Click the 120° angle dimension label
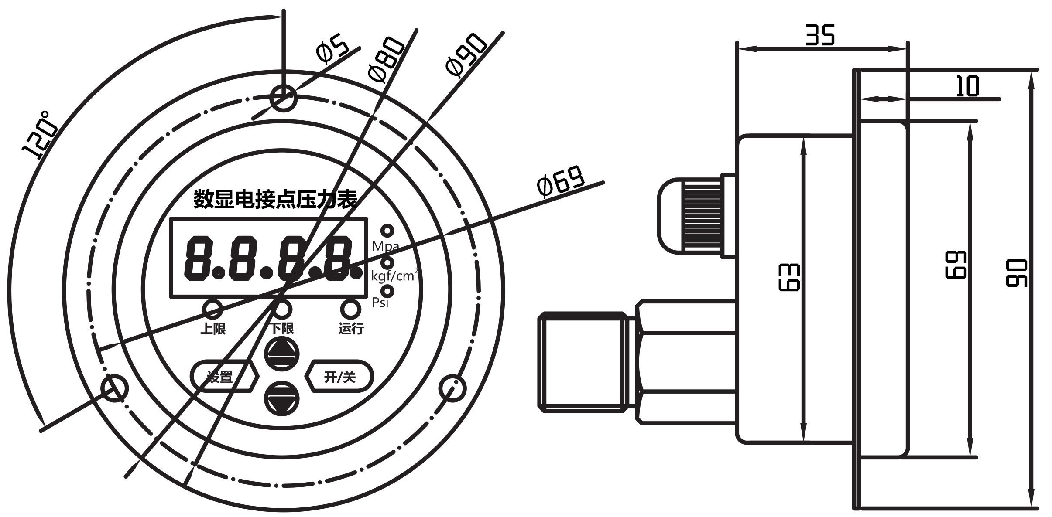click(x=41, y=135)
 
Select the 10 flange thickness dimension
click(x=967, y=86)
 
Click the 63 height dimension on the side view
click(x=789, y=277)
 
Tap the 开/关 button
click(x=340, y=377)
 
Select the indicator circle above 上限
click(x=213, y=309)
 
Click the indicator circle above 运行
click(x=350, y=309)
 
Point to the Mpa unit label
click(x=385, y=246)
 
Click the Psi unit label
click(x=380, y=302)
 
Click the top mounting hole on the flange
click(x=283, y=98)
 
